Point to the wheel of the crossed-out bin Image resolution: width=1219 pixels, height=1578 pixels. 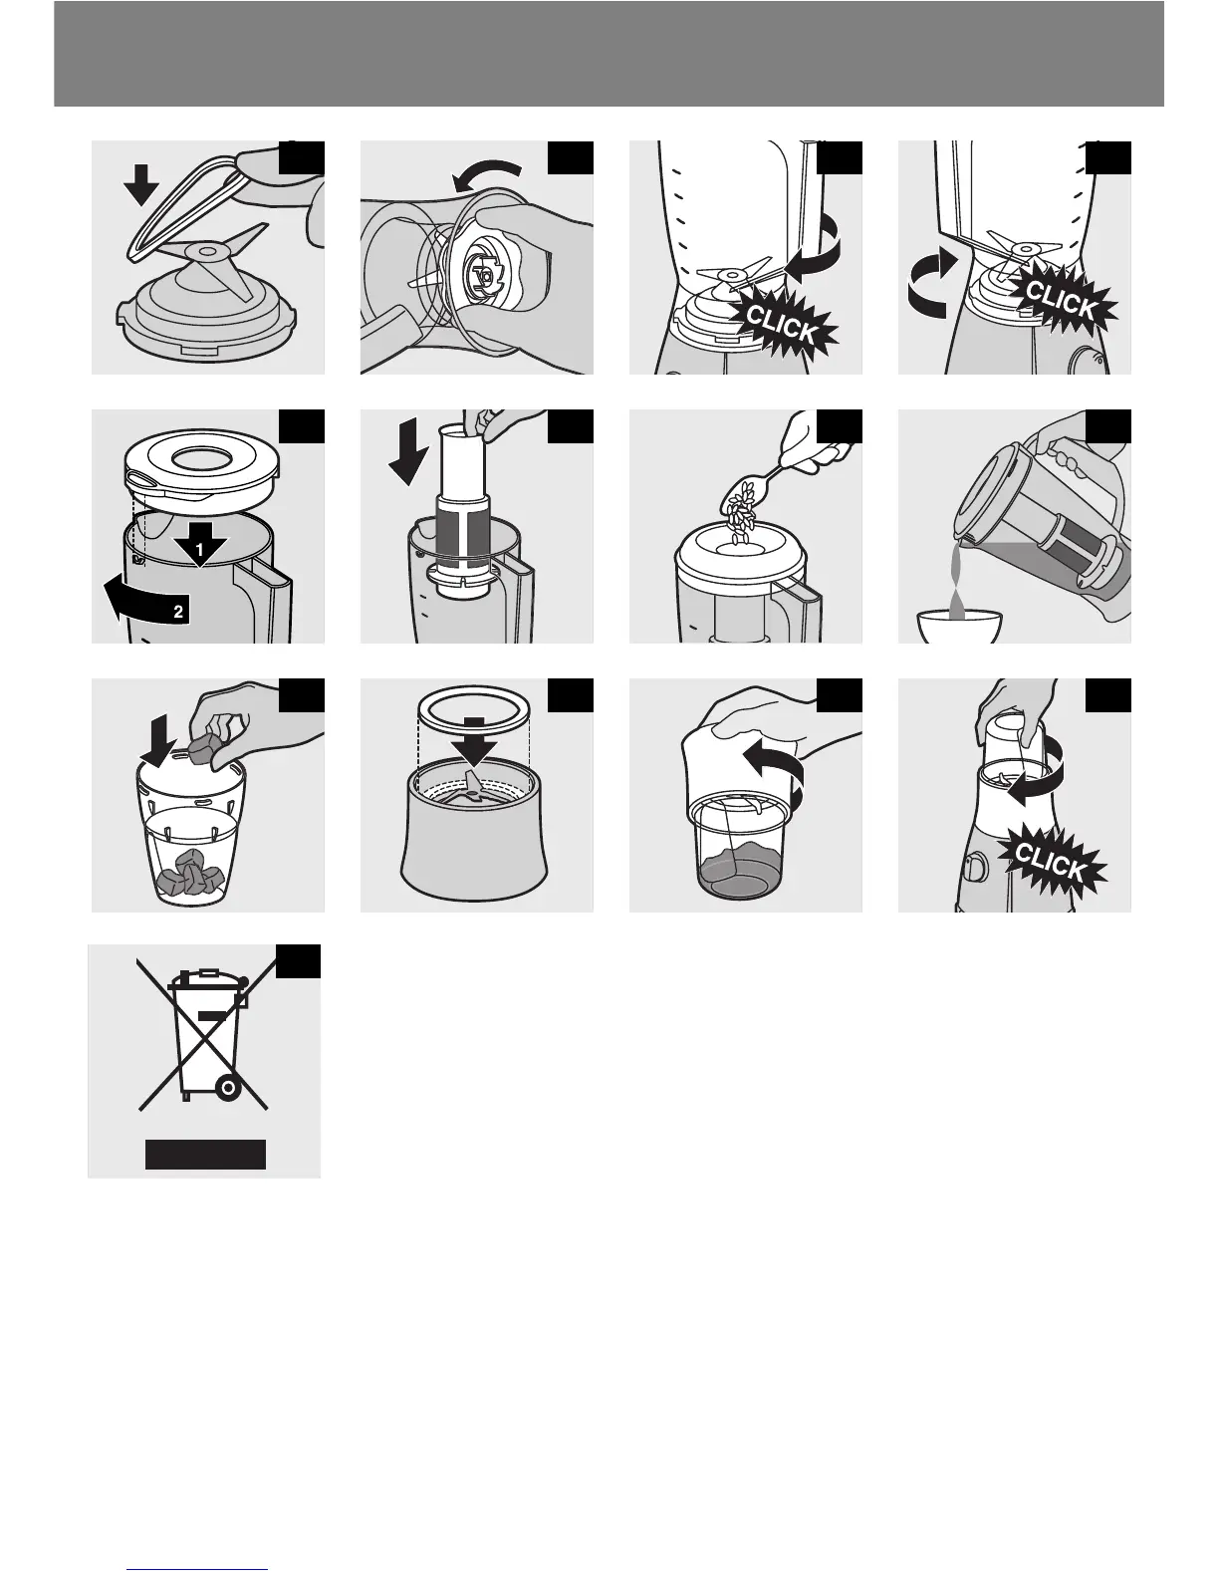[229, 1088]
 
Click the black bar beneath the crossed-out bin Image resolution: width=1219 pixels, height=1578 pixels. [205, 1155]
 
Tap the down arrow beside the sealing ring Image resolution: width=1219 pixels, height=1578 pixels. [140, 184]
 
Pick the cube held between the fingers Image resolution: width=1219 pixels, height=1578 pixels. [205, 748]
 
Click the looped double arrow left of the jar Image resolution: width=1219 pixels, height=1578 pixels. [930, 283]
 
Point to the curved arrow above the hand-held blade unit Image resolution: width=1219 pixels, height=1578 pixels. [486, 175]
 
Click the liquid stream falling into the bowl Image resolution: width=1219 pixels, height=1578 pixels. [958, 579]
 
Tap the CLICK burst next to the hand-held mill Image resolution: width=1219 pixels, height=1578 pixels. [1052, 863]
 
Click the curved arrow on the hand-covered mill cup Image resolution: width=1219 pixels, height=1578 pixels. [777, 774]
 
